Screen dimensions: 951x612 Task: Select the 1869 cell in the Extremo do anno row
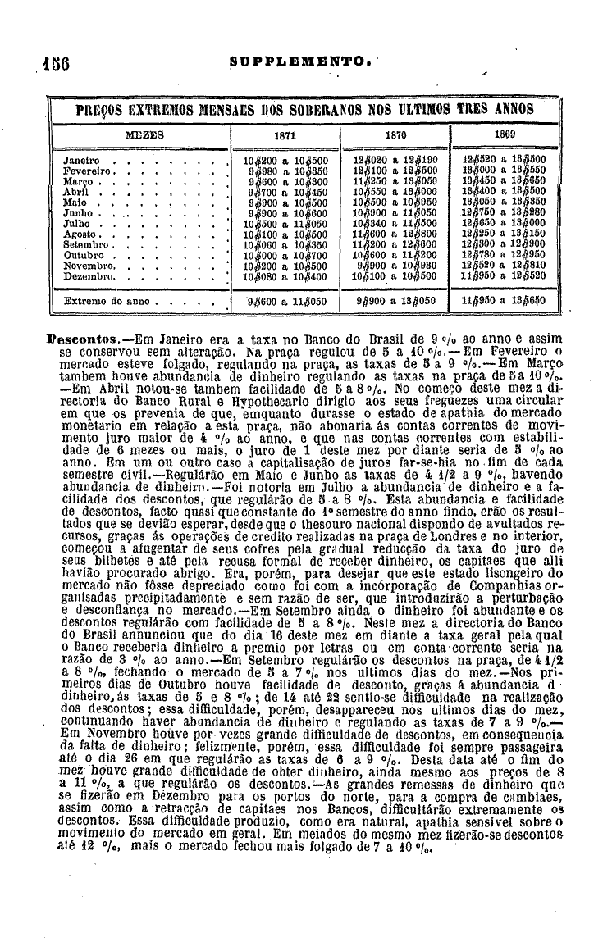(x=504, y=302)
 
